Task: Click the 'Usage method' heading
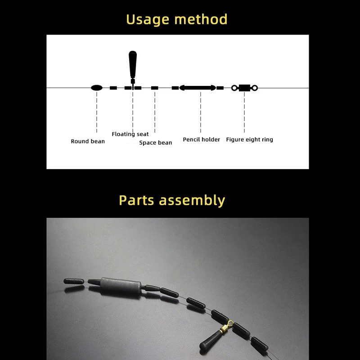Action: (x=176, y=19)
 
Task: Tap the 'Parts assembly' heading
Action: (x=172, y=200)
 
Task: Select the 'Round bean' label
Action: (x=88, y=141)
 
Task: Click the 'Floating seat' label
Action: (x=130, y=134)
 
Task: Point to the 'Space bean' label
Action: (x=155, y=143)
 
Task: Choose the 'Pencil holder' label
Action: (x=201, y=139)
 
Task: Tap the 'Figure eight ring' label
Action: (x=250, y=139)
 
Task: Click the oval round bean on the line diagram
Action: (x=97, y=88)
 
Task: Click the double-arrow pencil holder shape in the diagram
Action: (x=198, y=88)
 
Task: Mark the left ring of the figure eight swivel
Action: (x=234, y=88)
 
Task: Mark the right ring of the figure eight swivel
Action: (x=255, y=88)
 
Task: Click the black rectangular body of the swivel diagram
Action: (x=244, y=88)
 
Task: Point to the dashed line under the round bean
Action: (x=97, y=112)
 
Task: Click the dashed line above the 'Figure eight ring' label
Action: (x=244, y=112)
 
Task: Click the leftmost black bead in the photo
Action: (x=74, y=281)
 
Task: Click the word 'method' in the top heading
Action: (x=201, y=19)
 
